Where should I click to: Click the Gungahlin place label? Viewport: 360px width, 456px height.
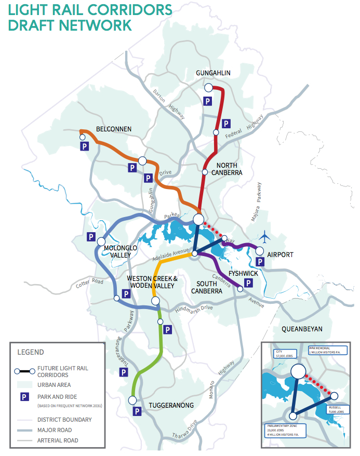click(x=213, y=73)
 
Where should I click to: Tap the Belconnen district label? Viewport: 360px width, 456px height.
click(x=114, y=129)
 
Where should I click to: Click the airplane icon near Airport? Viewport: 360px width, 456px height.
click(x=266, y=237)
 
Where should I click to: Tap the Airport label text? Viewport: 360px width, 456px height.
click(x=280, y=254)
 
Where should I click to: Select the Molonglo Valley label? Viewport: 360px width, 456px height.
click(x=121, y=251)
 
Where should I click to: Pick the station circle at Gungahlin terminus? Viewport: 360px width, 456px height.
click(x=208, y=87)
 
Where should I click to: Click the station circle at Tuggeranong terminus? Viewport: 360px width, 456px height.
click(x=132, y=400)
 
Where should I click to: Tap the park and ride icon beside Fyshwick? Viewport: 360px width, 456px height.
click(x=248, y=283)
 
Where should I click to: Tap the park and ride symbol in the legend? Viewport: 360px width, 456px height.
click(x=24, y=396)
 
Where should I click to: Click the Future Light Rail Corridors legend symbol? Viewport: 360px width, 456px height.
click(x=24, y=371)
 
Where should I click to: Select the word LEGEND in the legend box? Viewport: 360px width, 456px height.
click(x=31, y=352)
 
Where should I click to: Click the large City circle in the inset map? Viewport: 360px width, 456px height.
click(x=298, y=371)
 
